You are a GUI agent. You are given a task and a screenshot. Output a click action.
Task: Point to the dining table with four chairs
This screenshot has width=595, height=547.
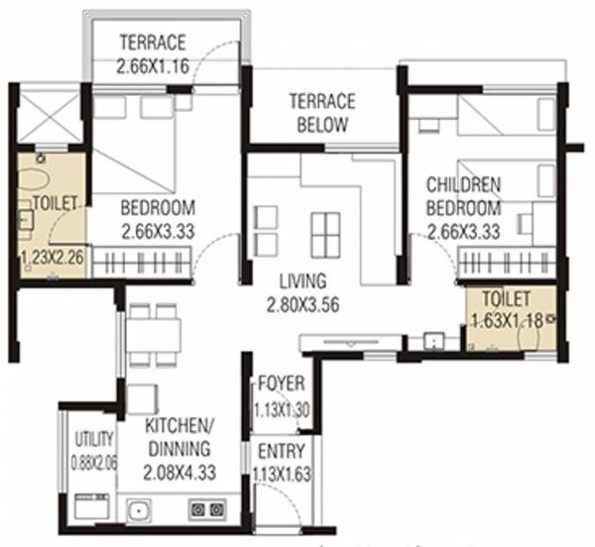click(155, 334)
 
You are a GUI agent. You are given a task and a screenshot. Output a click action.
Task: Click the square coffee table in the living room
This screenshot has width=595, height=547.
click(324, 235)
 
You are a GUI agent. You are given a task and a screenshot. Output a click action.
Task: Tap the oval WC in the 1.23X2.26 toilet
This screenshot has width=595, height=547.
click(33, 180)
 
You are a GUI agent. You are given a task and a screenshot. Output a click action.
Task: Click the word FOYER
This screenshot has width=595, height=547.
click(281, 384)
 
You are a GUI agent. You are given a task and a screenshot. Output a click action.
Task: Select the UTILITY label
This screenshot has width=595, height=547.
click(94, 440)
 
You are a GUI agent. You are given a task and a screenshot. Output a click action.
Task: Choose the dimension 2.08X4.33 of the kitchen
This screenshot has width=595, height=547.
click(178, 473)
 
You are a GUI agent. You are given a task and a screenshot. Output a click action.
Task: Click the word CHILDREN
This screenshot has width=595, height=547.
click(463, 185)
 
